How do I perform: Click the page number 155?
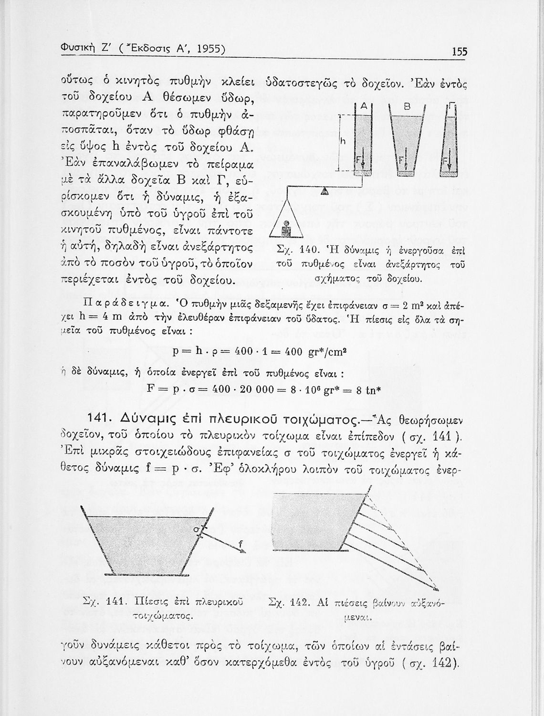click(460, 52)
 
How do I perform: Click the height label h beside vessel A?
click(342, 142)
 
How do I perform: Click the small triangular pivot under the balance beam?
click(324, 190)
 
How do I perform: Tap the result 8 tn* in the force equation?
click(374, 388)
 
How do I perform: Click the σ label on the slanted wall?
click(195, 530)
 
